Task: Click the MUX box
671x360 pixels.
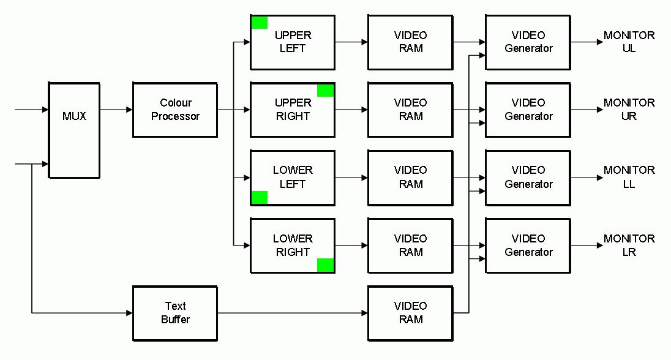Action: point(74,129)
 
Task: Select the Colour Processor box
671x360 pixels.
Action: point(175,110)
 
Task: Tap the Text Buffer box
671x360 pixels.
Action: point(175,313)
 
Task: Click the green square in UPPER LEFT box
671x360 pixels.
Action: point(260,23)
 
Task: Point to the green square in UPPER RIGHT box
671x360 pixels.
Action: point(326,91)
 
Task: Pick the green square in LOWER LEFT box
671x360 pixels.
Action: point(260,197)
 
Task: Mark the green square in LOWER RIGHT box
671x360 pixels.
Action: point(326,265)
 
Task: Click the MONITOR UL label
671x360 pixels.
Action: point(629,42)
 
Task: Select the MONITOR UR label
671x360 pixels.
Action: point(629,110)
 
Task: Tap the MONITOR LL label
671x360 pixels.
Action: point(629,177)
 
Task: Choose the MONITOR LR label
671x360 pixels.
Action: point(629,246)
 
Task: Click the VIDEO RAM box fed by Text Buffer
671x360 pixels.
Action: point(410,313)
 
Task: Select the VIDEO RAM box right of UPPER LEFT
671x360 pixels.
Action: point(410,42)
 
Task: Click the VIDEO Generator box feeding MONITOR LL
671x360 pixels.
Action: point(528,178)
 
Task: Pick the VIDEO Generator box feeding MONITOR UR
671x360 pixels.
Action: point(528,110)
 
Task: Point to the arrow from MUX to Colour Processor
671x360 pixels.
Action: point(116,110)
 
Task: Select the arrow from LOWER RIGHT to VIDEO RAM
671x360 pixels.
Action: point(351,246)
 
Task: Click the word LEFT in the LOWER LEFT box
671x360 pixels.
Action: point(293,184)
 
